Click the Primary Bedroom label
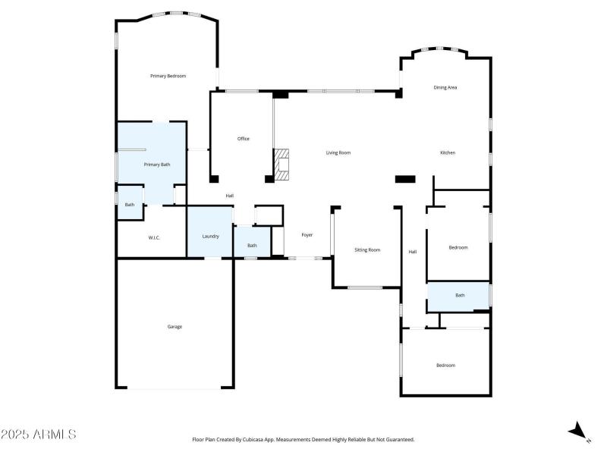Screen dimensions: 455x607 pos(168,76)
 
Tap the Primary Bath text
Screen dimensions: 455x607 pos(157,165)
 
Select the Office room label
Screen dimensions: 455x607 pos(243,139)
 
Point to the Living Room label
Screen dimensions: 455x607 pos(338,153)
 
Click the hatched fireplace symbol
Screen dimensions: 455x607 pos(282,164)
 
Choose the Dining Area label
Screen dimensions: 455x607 pos(445,88)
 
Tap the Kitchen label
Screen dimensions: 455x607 pos(448,153)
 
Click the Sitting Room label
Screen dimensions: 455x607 pos(367,250)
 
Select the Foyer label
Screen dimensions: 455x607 pos(307,235)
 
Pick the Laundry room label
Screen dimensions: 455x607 pos(210,237)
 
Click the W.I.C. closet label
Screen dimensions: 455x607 pos(153,238)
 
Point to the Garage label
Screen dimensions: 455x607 pos(175,327)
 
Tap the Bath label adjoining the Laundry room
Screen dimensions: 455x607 pos(252,246)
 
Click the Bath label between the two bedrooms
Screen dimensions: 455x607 pos(460,296)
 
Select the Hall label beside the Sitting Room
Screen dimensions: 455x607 pos(413,252)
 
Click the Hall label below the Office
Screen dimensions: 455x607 pos(229,196)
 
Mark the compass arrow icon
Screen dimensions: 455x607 pos(579,431)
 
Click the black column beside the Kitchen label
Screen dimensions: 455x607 pos(405,180)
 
